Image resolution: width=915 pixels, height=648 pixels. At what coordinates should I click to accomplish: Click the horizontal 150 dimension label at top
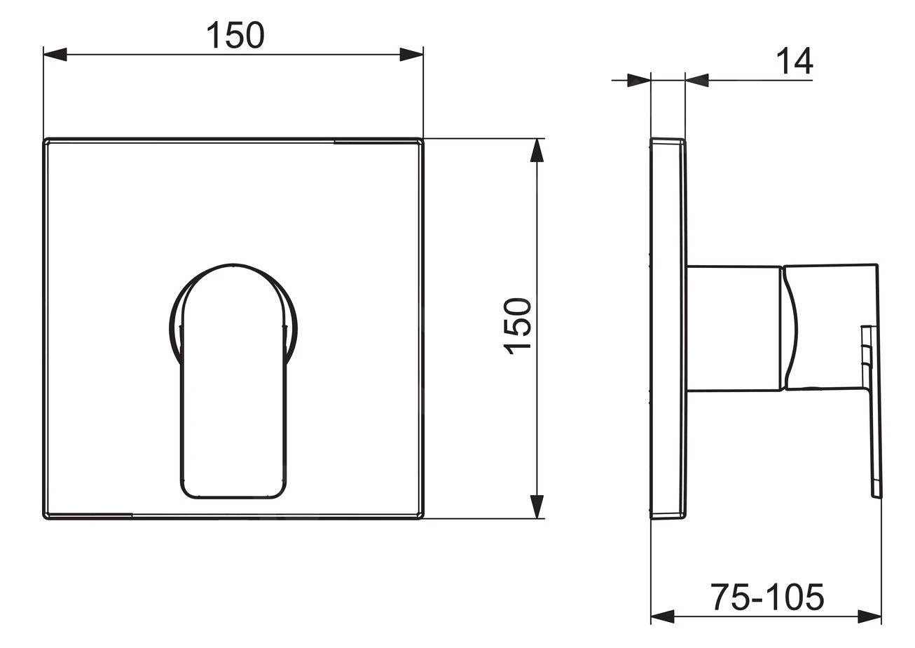(235, 35)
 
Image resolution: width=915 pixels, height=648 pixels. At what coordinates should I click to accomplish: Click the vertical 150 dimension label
(518, 326)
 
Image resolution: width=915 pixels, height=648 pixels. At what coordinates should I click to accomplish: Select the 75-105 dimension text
(768, 597)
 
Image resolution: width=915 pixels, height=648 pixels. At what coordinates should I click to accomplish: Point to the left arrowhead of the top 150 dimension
(55, 55)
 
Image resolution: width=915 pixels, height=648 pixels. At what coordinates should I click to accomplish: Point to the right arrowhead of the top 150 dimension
(411, 55)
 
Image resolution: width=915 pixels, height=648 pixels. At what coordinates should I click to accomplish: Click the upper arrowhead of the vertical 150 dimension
(537, 151)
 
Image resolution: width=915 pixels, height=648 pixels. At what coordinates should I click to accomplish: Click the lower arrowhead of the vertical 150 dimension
(537, 506)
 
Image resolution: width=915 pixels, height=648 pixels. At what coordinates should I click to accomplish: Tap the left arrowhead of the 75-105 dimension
(662, 628)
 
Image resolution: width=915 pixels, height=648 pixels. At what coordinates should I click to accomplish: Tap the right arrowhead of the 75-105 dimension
(869, 628)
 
